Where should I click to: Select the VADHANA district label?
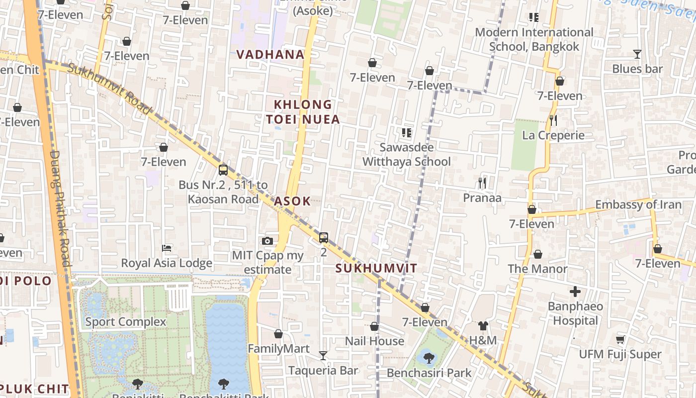click(x=270, y=54)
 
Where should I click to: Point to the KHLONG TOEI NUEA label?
click(x=303, y=112)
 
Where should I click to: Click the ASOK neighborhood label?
click(x=292, y=201)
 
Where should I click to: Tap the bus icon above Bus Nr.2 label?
click(x=223, y=170)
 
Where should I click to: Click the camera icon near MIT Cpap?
click(x=267, y=241)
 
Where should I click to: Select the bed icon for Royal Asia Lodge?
click(x=167, y=248)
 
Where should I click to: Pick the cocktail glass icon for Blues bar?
click(x=637, y=54)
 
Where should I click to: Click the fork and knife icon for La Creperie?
click(x=553, y=120)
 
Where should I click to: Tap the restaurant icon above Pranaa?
click(x=482, y=183)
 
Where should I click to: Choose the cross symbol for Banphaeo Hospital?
click(x=575, y=292)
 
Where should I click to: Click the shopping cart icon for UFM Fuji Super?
click(x=620, y=340)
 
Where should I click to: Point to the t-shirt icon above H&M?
click(x=483, y=326)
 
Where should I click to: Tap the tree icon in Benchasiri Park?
click(x=429, y=357)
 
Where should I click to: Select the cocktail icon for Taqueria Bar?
click(x=323, y=355)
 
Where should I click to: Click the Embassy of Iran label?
click(x=638, y=204)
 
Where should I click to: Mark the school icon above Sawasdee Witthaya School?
click(x=407, y=133)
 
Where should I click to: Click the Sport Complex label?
click(x=125, y=322)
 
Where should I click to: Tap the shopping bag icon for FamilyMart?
click(x=278, y=334)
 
